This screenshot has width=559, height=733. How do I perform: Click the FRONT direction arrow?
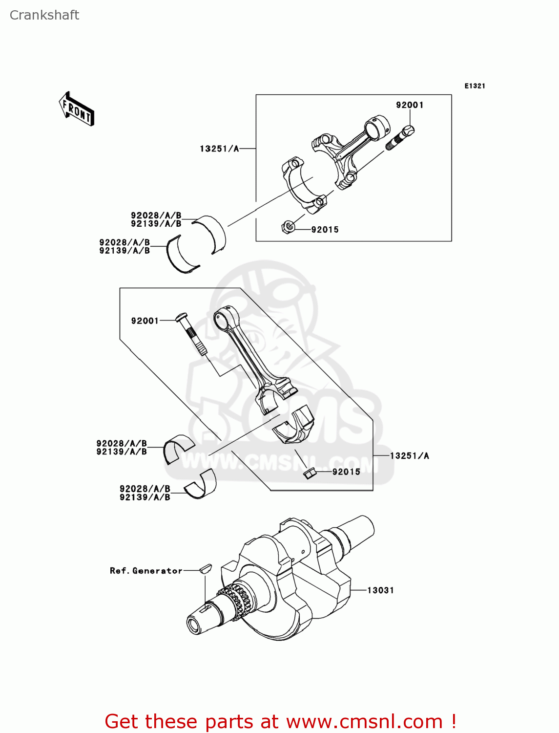tap(77, 109)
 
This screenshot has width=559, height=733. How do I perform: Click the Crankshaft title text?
tap(44, 15)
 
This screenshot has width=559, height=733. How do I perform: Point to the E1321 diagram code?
tap(474, 86)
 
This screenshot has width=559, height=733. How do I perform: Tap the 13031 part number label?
tap(380, 590)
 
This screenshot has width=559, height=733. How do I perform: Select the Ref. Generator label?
tap(146, 571)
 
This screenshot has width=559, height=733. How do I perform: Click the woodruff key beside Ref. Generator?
tap(206, 568)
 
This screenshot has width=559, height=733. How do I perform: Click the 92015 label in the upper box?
tap(325, 230)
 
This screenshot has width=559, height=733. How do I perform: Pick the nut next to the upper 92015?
tap(289, 227)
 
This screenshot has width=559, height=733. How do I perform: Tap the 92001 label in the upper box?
tap(410, 105)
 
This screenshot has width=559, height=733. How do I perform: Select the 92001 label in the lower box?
tap(145, 321)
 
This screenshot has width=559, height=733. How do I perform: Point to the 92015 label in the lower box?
tap(346, 472)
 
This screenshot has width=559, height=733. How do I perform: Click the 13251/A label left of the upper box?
tap(219, 149)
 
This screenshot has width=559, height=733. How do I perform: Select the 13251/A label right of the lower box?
tap(409, 456)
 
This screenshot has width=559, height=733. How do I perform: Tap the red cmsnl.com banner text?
tap(281, 721)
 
